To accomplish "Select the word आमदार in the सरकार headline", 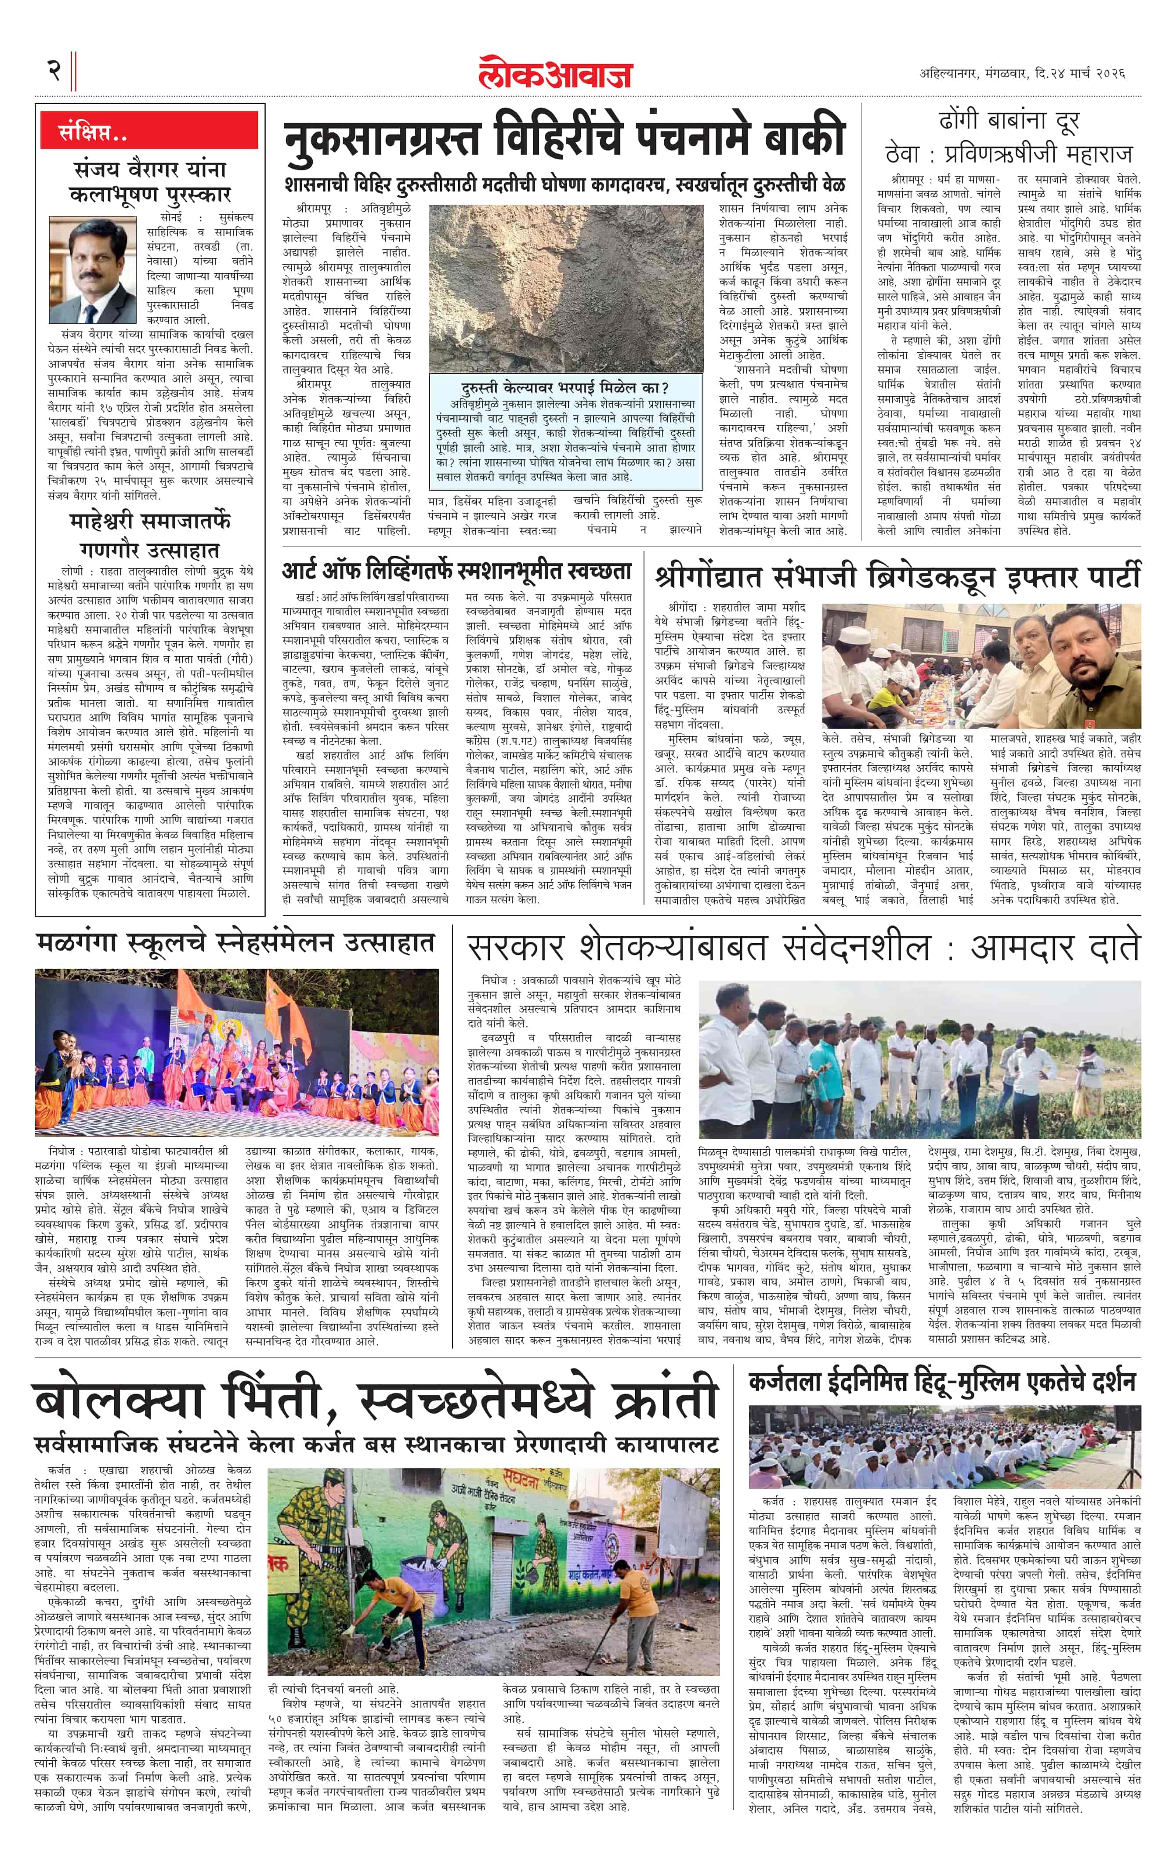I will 1019,948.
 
